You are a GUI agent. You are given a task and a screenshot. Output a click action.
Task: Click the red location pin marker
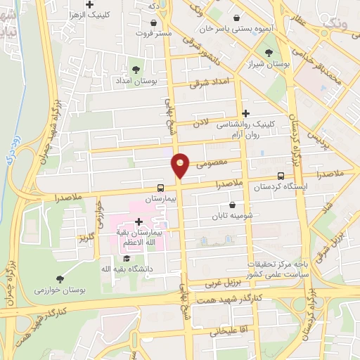point(181,165)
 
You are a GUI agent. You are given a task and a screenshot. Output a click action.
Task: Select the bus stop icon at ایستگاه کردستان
point(281,176)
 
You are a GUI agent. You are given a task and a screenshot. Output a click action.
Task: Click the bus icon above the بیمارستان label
point(161,188)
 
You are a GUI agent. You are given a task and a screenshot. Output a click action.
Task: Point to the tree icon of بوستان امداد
point(136,70)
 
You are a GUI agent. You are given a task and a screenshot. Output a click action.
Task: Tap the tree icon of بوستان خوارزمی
point(59,279)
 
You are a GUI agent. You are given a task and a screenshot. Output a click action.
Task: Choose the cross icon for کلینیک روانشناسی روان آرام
point(245,113)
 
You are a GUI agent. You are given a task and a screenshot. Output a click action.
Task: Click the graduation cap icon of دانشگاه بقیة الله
point(127,259)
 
